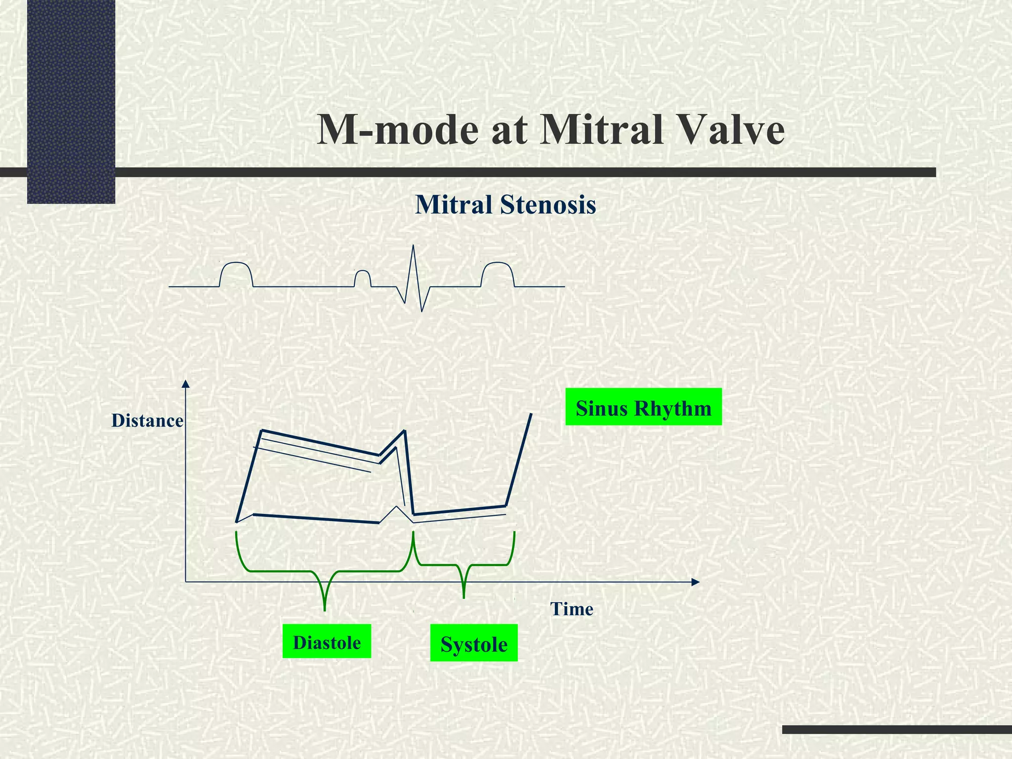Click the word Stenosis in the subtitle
(x=548, y=205)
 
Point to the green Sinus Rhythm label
(x=643, y=407)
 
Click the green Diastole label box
(x=327, y=641)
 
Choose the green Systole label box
(x=474, y=643)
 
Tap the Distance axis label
(x=147, y=421)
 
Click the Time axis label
(x=572, y=609)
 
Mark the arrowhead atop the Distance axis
(x=185, y=384)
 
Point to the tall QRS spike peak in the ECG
(x=414, y=246)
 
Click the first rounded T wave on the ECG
(x=236, y=264)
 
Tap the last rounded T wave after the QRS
(x=498, y=264)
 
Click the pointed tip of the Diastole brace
(x=324, y=610)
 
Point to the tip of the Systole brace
(x=464, y=597)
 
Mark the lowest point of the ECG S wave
(x=422, y=311)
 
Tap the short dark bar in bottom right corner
(x=897, y=729)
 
